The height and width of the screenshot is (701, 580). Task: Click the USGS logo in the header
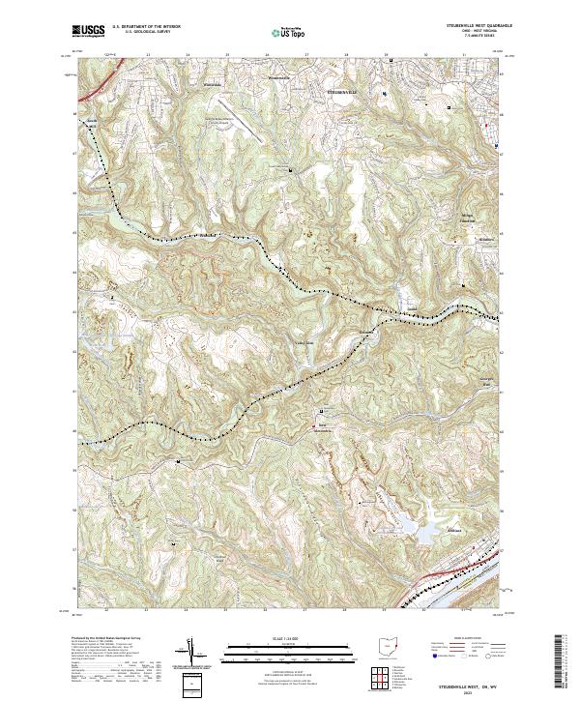[88, 32]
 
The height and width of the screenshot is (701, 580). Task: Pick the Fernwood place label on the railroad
[364, 333]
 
